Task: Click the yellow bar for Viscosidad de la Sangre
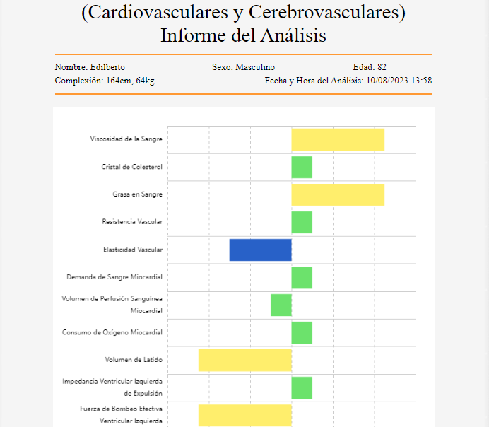click(x=338, y=140)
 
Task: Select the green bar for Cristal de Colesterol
click(x=302, y=168)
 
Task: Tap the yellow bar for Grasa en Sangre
click(x=338, y=194)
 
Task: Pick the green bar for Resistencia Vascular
click(x=302, y=222)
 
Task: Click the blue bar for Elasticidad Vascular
click(x=260, y=250)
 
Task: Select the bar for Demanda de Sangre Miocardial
click(x=302, y=277)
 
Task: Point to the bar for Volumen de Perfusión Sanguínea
click(x=281, y=305)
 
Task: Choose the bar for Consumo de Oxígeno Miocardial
click(x=302, y=332)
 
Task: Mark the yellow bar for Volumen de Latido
click(x=245, y=360)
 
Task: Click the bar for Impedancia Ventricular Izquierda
click(x=302, y=387)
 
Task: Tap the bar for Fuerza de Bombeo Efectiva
click(x=245, y=415)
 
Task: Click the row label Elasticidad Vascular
click(x=133, y=250)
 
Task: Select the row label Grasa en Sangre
click(x=137, y=194)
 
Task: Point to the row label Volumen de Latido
click(x=134, y=360)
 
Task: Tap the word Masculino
click(x=255, y=67)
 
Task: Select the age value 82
click(x=382, y=67)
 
